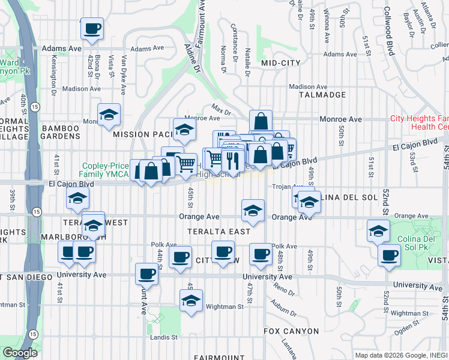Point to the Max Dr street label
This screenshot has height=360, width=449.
pyautogui.click(x=221, y=110)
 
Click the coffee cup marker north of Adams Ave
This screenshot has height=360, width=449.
pyautogui.click(x=92, y=28)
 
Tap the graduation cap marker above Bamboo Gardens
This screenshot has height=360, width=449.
pyautogui.click(x=109, y=115)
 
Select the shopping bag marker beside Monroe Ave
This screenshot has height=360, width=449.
pyautogui.click(x=261, y=121)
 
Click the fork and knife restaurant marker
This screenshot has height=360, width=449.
pyautogui.click(x=231, y=160)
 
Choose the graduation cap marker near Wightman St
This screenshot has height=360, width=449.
pyautogui.click(x=191, y=300)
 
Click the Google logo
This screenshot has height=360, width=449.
pyautogui.click(x=20, y=353)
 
